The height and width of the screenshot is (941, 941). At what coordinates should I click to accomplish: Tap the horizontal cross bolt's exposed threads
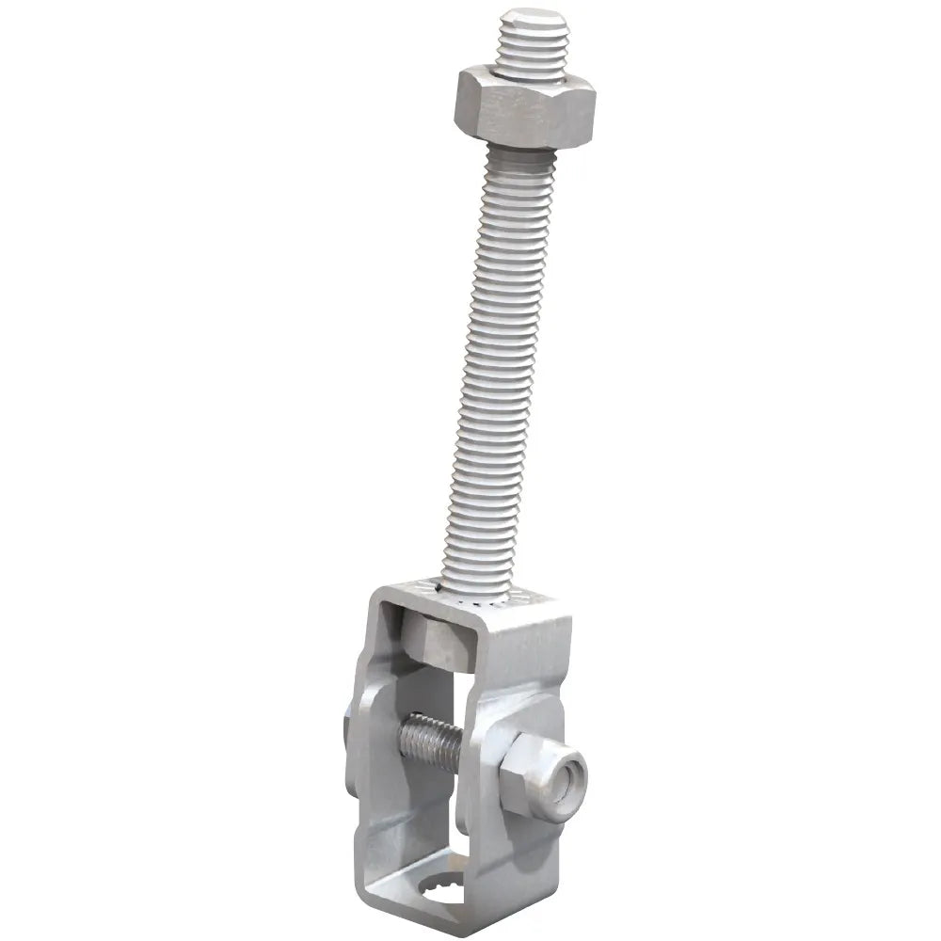(428, 740)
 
